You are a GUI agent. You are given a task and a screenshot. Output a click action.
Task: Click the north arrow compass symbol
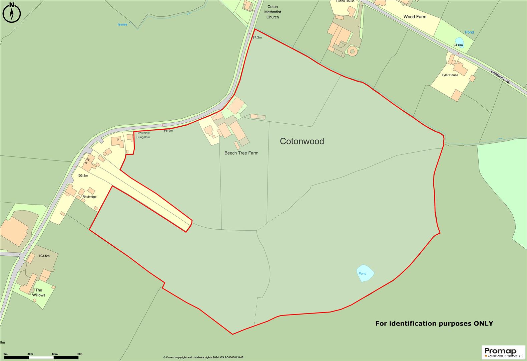tap(12, 13)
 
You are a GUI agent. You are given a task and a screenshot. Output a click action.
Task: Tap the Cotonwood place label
tap(302, 141)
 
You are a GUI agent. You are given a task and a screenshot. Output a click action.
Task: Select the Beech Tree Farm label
tap(241, 153)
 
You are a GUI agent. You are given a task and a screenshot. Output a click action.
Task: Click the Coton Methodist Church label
tap(273, 12)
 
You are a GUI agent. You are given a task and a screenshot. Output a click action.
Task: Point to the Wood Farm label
tap(415, 17)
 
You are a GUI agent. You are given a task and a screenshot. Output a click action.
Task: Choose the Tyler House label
tap(450, 75)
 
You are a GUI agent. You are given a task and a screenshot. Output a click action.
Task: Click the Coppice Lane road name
tap(500, 77)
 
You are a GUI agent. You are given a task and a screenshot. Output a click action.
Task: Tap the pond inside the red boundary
tap(365, 273)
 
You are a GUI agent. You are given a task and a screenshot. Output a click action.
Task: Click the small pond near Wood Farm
tap(459, 42)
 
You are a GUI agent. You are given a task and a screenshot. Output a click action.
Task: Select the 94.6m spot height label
tap(458, 45)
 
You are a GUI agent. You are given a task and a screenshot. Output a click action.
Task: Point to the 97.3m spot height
tap(257, 37)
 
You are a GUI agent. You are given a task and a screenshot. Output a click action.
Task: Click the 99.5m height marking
tap(168, 130)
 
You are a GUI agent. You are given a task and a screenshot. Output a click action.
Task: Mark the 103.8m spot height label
tap(82, 175)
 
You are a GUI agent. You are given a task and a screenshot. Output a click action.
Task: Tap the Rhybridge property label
tap(89, 197)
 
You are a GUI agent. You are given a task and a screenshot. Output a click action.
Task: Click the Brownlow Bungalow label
tap(143, 135)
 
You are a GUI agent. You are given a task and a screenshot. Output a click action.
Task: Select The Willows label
tap(39, 292)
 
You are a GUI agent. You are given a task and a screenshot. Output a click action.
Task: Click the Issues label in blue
tap(122, 24)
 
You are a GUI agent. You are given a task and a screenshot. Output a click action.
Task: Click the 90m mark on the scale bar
tap(79, 354)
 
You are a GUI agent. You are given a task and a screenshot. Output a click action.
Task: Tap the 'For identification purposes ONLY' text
tap(434, 323)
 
